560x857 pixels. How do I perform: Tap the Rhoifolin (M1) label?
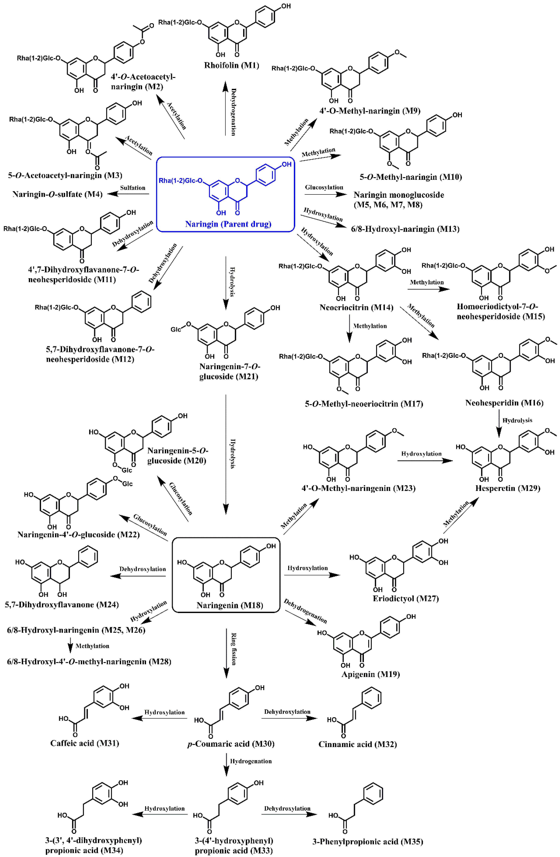point(231,65)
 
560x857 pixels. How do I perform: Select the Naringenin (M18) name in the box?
point(230,605)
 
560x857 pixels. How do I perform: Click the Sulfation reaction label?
point(132,188)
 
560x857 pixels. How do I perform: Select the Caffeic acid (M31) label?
point(85,743)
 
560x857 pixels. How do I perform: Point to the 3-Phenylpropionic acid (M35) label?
point(367,841)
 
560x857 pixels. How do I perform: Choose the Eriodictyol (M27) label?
point(406,598)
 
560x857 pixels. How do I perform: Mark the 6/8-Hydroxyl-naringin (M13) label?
point(405,229)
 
